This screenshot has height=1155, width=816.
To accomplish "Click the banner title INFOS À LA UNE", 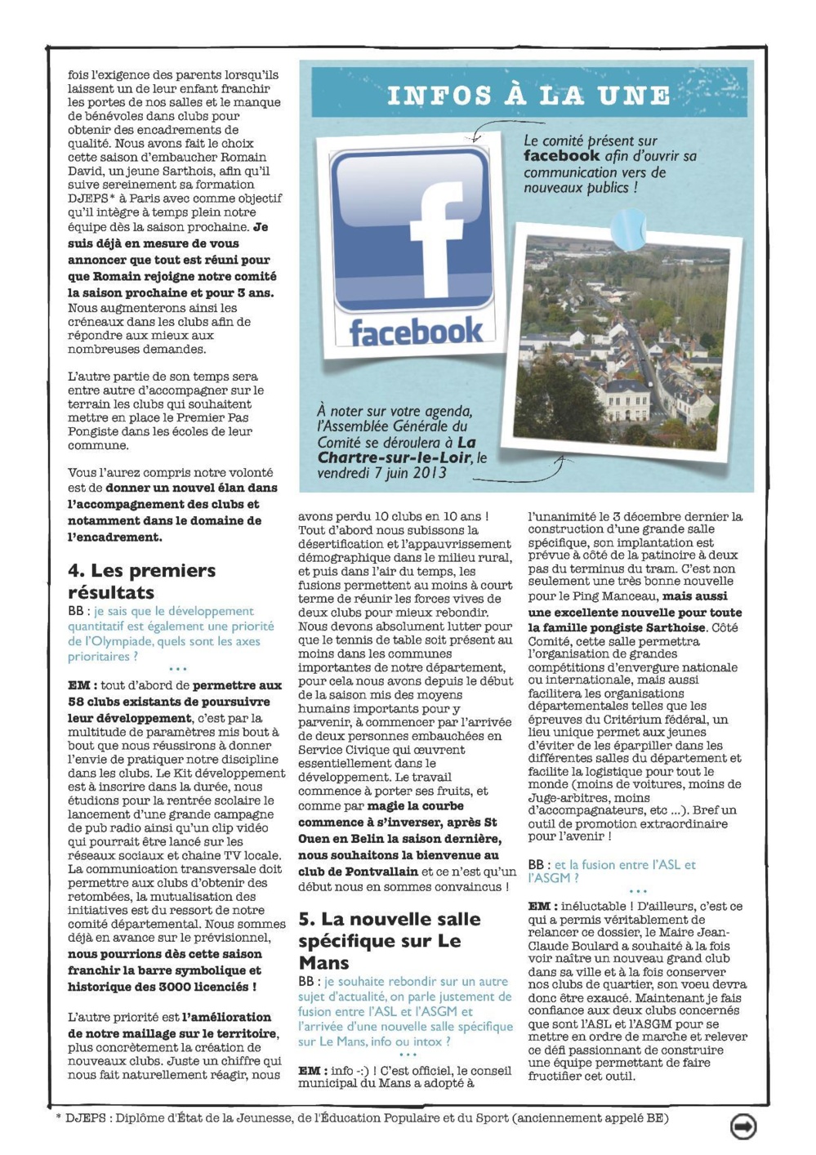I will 529,96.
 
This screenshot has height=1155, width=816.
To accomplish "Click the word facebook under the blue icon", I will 416,332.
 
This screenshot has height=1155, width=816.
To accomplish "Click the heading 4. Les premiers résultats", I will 141,581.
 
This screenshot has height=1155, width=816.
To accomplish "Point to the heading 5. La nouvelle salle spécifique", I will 389,940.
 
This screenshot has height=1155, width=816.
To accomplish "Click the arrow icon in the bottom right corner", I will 742,1126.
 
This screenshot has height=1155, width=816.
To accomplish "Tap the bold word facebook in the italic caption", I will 561,155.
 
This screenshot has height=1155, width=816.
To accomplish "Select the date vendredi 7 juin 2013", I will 381,472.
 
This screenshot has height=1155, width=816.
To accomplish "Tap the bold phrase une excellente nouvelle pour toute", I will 635,612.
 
